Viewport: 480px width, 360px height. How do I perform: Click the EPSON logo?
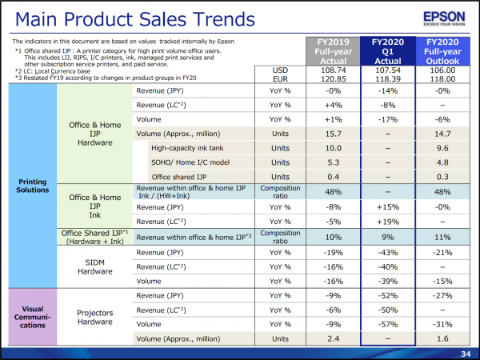tap(444, 18)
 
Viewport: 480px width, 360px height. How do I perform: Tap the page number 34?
tap(466, 354)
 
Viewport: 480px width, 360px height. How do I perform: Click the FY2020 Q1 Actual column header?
tap(388, 51)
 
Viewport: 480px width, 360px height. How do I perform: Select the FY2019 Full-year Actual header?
tap(333, 51)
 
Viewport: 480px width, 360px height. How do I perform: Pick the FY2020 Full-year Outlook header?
tap(442, 51)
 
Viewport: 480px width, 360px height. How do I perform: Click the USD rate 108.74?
tap(333, 70)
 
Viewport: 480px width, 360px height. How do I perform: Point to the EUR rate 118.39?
tap(388, 79)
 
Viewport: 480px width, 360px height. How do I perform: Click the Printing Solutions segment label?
tap(33, 186)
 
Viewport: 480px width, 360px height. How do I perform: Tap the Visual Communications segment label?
tap(33, 317)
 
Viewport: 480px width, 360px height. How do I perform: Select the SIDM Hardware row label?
tap(95, 267)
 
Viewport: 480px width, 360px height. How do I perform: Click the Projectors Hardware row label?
tap(95, 317)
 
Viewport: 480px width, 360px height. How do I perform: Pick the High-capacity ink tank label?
tap(187, 148)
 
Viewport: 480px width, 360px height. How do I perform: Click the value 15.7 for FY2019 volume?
tap(333, 134)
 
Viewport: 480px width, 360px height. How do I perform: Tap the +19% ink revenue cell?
tap(388, 222)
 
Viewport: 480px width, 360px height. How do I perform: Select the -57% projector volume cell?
tap(388, 324)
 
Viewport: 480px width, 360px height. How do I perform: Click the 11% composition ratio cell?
tap(442, 238)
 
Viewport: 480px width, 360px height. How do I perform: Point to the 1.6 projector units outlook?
tap(442, 339)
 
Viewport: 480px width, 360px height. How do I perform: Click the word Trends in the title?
tap(223, 19)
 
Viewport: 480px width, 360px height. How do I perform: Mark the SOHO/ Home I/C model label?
tap(190, 162)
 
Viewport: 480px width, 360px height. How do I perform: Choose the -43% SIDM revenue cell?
tap(388, 253)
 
